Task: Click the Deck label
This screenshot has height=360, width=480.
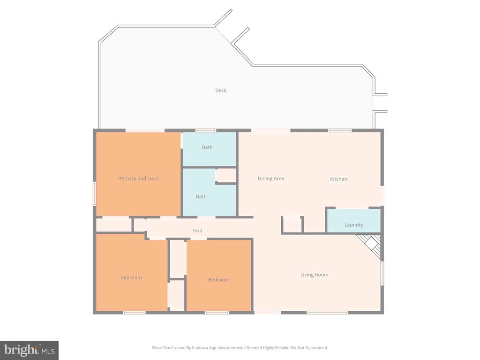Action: pyautogui.click(x=221, y=90)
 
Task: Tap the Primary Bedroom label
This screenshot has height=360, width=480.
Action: pyautogui.click(x=138, y=179)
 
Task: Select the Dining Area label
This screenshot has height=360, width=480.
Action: pyautogui.click(x=271, y=179)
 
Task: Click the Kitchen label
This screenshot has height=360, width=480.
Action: pyautogui.click(x=338, y=179)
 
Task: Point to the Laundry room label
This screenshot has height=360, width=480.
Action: pyautogui.click(x=353, y=225)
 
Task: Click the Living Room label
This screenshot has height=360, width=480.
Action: pyautogui.click(x=314, y=275)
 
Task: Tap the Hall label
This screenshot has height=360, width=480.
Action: pyautogui.click(x=197, y=231)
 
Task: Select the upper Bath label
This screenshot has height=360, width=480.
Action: pyautogui.click(x=207, y=147)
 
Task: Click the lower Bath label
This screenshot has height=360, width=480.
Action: pyautogui.click(x=201, y=197)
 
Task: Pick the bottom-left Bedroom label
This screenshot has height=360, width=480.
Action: pyautogui.click(x=131, y=277)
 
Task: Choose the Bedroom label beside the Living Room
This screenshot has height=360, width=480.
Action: pyautogui.click(x=219, y=280)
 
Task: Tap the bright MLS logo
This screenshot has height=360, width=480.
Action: pyautogui.click(x=29, y=350)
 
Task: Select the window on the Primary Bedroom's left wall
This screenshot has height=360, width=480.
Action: pyautogui.click(x=94, y=193)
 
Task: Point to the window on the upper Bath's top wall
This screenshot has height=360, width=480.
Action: pyautogui.click(x=205, y=130)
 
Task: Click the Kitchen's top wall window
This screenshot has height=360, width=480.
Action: pyautogui.click(x=340, y=130)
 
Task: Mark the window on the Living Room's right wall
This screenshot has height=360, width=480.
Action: pyautogui.click(x=382, y=273)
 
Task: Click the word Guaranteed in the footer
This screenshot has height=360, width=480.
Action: pyautogui.click(x=316, y=348)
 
